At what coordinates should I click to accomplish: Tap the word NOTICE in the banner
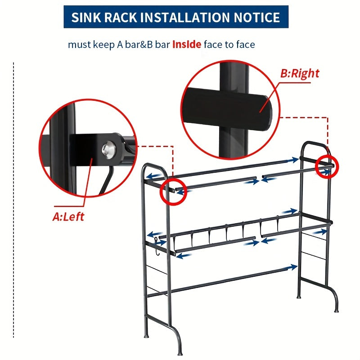pos(257,17)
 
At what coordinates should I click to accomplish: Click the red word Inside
pos(187,44)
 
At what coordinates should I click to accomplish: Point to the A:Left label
pos(68,217)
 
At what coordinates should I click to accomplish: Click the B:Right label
pos(300,73)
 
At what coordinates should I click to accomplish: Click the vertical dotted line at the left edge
pos(13,200)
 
